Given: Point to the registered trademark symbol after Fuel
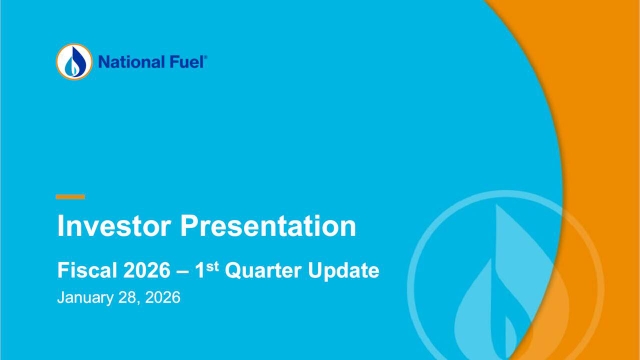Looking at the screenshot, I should [206, 58].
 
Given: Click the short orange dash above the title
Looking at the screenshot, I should [70, 196].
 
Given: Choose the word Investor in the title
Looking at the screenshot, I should [114, 226].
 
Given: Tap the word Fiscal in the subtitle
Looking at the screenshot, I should [84, 272].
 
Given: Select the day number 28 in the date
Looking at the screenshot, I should [126, 299].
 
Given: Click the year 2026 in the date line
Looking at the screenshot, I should [160, 299].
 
